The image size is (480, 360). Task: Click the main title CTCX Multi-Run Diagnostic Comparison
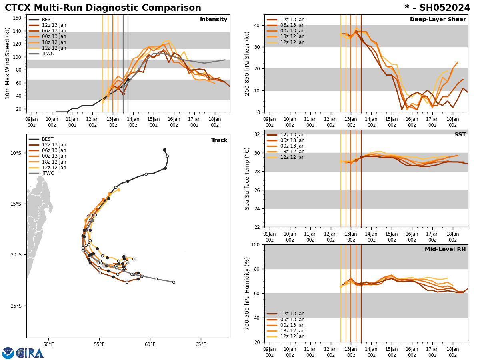click(103, 8)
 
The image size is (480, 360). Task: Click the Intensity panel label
click(214, 20)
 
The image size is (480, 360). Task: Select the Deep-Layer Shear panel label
click(438, 20)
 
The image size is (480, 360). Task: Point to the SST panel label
click(460, 135)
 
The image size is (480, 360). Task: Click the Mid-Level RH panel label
click(445, 250)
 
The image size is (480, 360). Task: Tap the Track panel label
click(219, 140)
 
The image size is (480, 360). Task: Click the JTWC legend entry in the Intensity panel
click(48, 54)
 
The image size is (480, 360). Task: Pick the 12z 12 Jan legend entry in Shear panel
click(292, 42)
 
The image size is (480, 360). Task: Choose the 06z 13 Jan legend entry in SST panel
click(292, 140)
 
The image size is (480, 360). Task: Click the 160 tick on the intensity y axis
click(17, 18)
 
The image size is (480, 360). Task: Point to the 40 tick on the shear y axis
click(256, 25)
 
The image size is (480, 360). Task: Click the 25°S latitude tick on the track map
click(16, 306)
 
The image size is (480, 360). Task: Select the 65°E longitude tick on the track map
click(201, 344)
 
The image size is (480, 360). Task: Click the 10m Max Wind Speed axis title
click(8, 63)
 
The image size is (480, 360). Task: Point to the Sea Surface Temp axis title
click(248, 178)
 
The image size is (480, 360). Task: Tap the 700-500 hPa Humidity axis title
click(248, 293)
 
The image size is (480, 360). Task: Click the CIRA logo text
click(30, 353)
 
